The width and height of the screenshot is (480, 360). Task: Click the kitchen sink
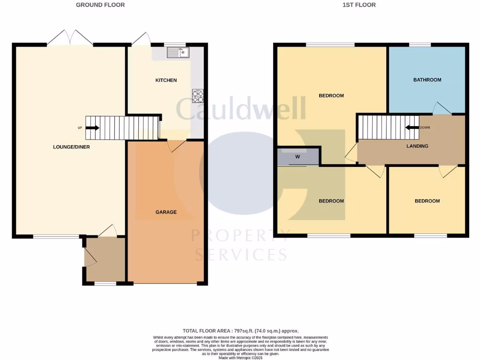(x=177, y=52)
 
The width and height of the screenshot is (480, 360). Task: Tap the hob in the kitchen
(x=198, y=96)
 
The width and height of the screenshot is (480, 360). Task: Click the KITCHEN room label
(x=166, y=80)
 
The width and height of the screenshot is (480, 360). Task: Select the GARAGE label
(x=166, y=212)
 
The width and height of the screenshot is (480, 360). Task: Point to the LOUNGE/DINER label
(x=72, y=147)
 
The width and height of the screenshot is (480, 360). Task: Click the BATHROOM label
(x=427, y=80)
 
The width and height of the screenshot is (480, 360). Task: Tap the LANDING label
(x=417, y=146)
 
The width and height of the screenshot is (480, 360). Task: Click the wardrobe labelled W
(x=297, y=157)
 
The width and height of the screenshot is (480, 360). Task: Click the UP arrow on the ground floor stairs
(x=93, y=127)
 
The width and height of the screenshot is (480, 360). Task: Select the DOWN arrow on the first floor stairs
(x=412, y=127)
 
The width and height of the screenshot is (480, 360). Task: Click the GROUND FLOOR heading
(x=100, y=5)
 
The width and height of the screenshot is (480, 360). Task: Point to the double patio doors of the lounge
(x=70, y=37)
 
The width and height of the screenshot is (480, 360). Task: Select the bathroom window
(x=420, y=45)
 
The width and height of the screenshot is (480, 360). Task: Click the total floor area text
(x=240, y=331)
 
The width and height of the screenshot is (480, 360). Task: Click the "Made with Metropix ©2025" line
(x=240, y=358)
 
